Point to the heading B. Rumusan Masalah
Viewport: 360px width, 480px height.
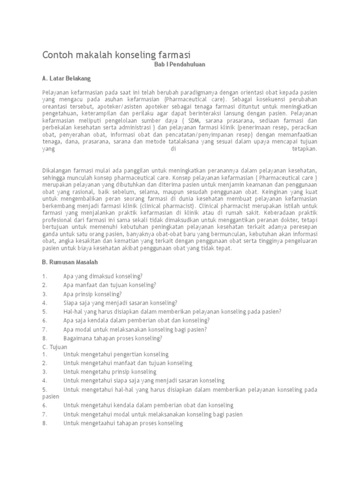pos(70,262)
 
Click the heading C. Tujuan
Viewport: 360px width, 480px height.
pos(55,346)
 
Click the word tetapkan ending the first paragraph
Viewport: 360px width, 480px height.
pos(304,149)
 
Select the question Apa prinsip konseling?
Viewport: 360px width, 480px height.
pos(93,294)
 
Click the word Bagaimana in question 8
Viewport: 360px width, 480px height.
pos(77,337)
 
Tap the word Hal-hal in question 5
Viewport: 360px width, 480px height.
pos(73,311)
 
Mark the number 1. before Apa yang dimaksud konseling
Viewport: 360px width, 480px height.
pos(45,276)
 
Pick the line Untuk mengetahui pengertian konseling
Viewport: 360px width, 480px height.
pos(116,354)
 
